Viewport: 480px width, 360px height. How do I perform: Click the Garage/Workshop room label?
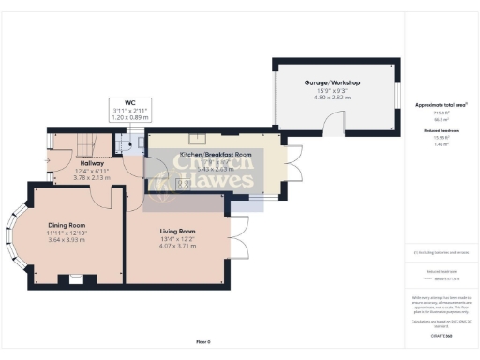pyautogui.click(x=332, y=82)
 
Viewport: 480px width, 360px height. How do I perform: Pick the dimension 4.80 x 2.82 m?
pyautogui.click(x=332, y=97)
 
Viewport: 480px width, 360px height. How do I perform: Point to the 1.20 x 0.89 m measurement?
pyautogui.click(x=130, y=115)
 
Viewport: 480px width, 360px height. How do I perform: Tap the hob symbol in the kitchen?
pyautogui.click(x=183, y=186)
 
